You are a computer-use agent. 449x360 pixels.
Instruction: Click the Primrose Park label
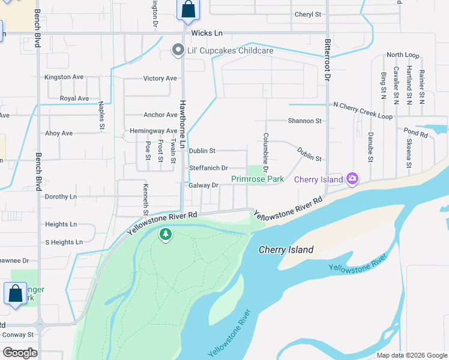tap(258, 179)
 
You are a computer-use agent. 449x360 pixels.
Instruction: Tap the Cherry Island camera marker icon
tap(352, 178)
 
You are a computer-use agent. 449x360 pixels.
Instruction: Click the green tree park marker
tap(166, 235)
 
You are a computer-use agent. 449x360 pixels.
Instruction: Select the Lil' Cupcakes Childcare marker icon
tap(178, 50)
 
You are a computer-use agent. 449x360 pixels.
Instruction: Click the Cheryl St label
tap(308, 14)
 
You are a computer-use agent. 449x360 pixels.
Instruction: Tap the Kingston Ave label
tap(64, 77)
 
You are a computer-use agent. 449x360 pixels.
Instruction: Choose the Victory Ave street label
tap(160, 79)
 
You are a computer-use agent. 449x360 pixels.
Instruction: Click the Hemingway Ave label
tap(153, 131)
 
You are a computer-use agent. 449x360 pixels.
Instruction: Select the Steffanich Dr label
tap(208, 169)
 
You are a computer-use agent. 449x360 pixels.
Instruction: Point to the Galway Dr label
tap(203, 185)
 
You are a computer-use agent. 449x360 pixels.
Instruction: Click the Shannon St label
tap(304, 121)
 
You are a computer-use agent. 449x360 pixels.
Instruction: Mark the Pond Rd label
tap(415, 130)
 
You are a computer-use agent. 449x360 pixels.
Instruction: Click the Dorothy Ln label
tap(61, 196)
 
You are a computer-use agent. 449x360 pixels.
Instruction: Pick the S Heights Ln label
tap(64, 242)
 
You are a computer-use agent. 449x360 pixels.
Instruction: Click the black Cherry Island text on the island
tap(286, 250)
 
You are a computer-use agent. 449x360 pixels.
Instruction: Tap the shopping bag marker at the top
tap(188, 10)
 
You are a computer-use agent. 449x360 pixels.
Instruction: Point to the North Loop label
tap(403, 55)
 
